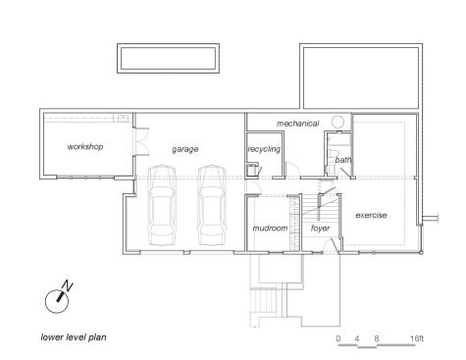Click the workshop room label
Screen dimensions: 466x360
[x=85, y=147]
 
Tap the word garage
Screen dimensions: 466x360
[x=185, y=149]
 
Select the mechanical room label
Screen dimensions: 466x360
[x=297, y=124]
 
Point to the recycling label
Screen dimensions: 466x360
[x=264, y=149]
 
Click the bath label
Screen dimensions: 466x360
[x=343, y=160]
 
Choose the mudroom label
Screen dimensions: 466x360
[x=270, y=228]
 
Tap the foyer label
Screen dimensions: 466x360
[x=320, y=229]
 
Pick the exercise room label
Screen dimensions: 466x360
[x=371, y=215]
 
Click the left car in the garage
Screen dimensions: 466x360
[x=162, y=205]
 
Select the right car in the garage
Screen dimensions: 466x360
[x=212, y=205]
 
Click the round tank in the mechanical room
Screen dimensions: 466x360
[x=338, y=122]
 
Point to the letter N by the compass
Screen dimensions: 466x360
[x=68, y=285]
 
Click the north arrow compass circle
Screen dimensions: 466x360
[x=57, y=301]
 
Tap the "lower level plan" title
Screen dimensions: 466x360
[x=74, y=337]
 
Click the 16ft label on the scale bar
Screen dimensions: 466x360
[x=417, y=338]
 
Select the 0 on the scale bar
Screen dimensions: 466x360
[x=338, y=338]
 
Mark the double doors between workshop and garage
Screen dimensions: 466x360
[x=141, y=141]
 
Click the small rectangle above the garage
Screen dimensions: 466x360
[x=168, y=58]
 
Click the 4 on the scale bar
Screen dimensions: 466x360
[x=357, y=338]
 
